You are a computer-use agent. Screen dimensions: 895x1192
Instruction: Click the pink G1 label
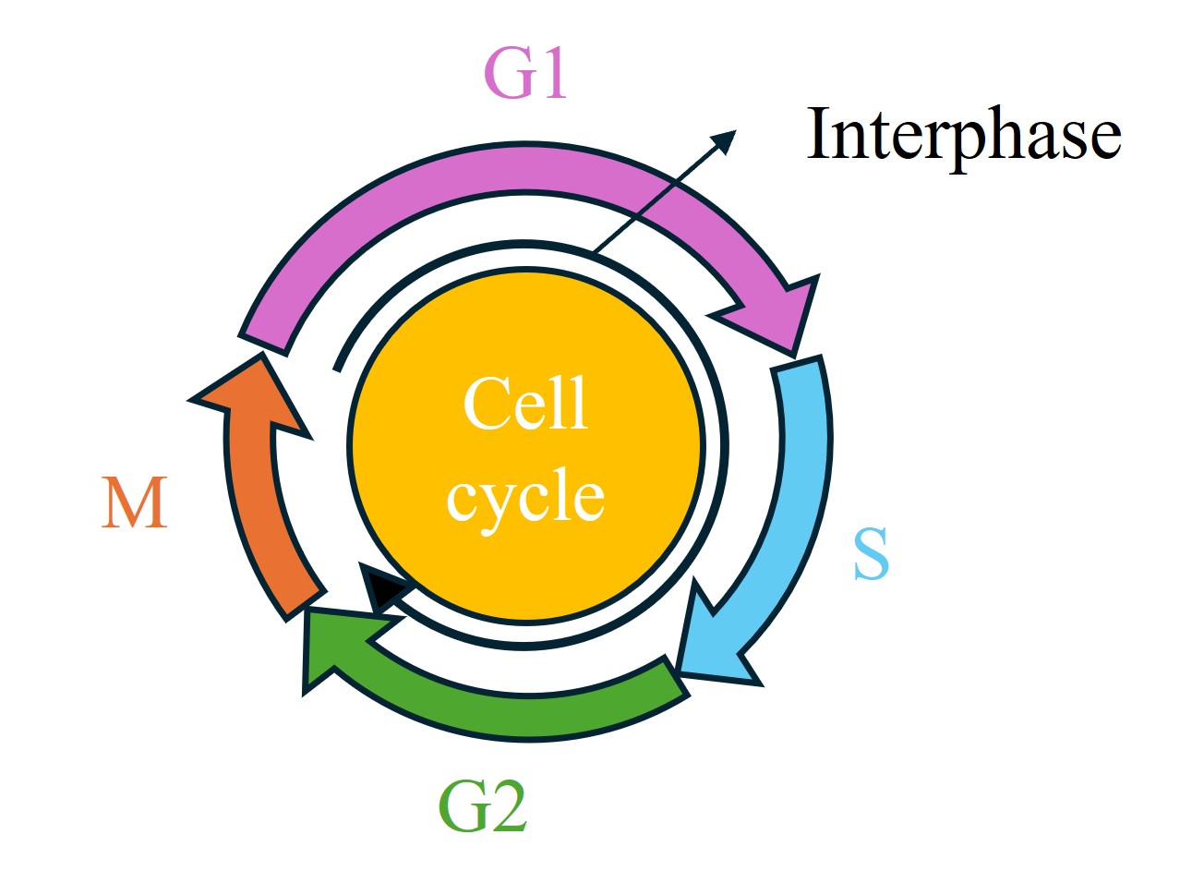[x=524, y=73]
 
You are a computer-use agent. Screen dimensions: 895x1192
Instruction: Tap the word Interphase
[x=964, y=135]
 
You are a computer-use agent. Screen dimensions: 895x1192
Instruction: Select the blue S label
[x=871, y=553]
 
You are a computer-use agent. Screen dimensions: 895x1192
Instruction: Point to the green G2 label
[x=482, y=806]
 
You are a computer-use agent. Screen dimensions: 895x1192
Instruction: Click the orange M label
[x=135, y=503]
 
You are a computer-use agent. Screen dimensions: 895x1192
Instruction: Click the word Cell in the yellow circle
[x=524, y=405]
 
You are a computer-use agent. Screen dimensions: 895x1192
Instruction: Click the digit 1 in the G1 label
[x=553, y=73]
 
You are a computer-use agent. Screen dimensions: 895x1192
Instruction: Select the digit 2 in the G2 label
[x=507, y=806]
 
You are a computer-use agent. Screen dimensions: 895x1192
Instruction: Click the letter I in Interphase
[x=818, y=135]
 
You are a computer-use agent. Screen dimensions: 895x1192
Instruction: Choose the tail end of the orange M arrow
[x=304, y=600]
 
